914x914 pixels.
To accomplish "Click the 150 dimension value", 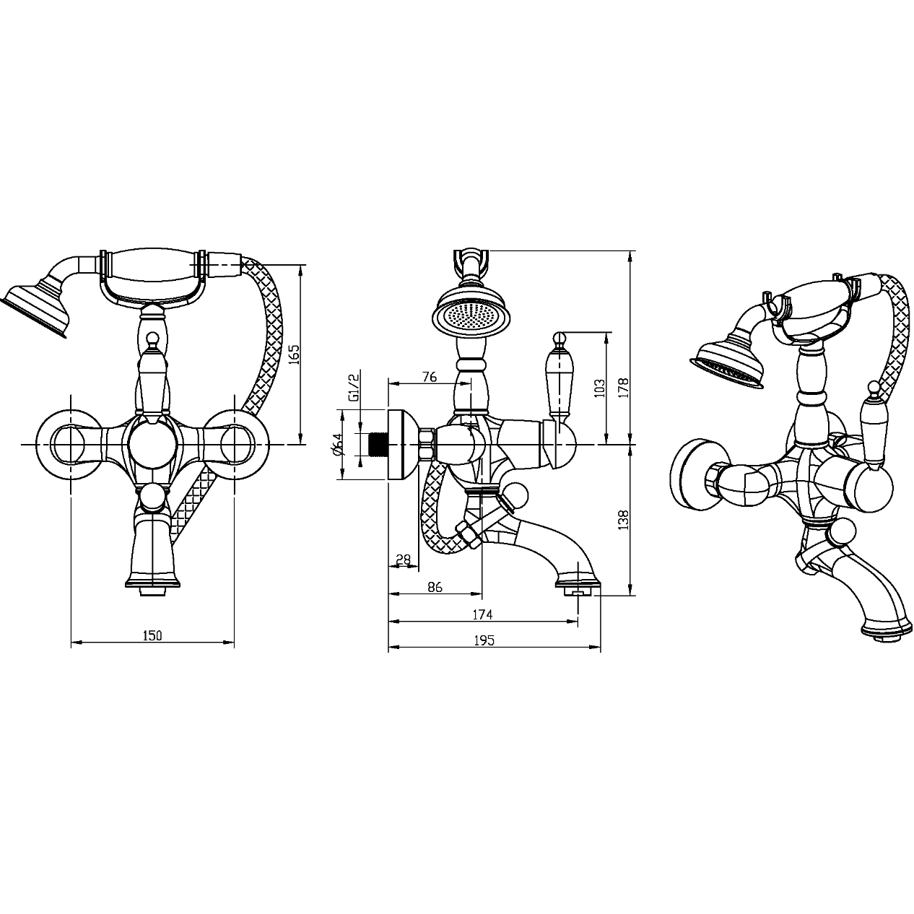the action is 152,635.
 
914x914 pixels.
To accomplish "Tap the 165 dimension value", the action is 295,354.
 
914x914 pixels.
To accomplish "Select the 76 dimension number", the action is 430,377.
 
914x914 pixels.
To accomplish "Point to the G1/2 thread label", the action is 353,388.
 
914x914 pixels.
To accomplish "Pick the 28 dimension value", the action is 403,560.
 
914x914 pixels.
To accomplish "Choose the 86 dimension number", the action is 435,587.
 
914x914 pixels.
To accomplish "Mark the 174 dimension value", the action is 483,614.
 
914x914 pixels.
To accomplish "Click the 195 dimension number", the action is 484,641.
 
